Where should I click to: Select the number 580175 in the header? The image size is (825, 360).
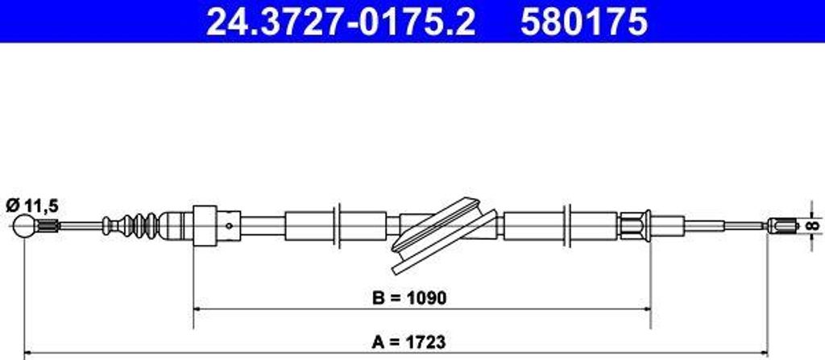pos(583,23)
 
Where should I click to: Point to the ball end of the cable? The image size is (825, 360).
pos(27,226)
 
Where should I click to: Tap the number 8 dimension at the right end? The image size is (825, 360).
pos(815,224)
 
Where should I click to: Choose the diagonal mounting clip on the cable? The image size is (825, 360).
pos(441,233)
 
